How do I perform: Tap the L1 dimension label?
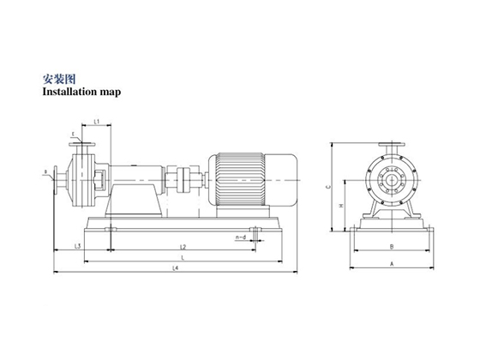pos(97,123)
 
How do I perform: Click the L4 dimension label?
pos(175,268)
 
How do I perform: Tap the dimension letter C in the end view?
pos(328,186)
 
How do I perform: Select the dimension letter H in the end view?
pos(341,206)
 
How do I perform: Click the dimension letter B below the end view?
pos(391,247)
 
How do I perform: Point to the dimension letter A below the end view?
pos(391,266)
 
